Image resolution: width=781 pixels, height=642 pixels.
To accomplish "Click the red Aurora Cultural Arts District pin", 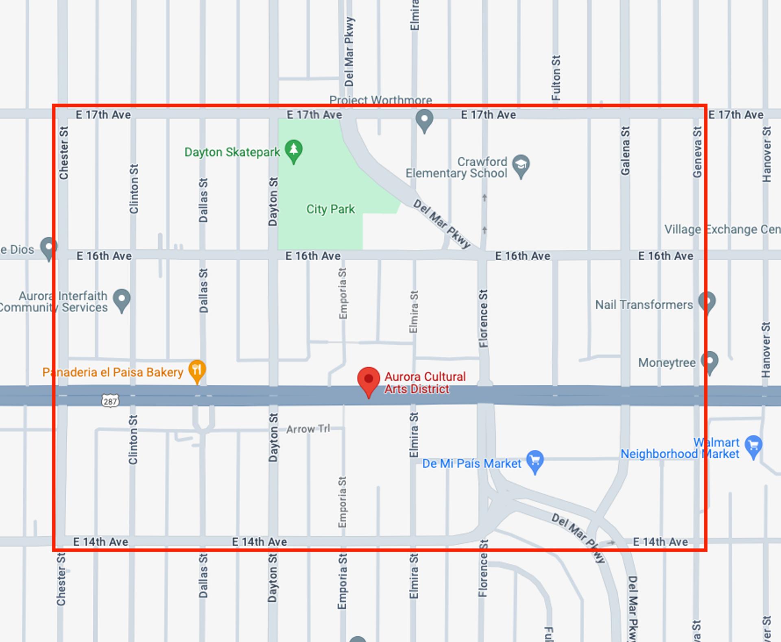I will pos(369,380).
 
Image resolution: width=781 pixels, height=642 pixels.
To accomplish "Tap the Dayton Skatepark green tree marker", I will pos(294,150).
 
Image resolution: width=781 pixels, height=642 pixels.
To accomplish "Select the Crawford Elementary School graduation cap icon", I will pos(521,165).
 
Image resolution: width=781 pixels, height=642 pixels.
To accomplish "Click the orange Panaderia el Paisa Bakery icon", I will pos(197,370).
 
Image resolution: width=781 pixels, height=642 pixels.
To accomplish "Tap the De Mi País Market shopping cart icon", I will pos(535,461).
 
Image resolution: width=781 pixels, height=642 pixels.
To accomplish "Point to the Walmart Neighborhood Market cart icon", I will pos(753,446).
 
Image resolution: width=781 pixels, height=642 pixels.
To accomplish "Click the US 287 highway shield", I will pos(110,401).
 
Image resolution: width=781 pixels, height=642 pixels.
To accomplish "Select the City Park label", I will pos(330,209).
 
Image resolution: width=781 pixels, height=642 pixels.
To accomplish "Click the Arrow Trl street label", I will pos(308,429).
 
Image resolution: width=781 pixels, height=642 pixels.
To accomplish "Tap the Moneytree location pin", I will pos(710,361).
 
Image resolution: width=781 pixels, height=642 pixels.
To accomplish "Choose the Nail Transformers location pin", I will pos(707,302).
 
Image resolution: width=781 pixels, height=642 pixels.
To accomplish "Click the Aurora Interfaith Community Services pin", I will pos(122,299).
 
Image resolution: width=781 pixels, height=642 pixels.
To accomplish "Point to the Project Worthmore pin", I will pos(424,120).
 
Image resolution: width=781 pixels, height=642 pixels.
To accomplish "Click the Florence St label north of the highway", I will pos(483,319).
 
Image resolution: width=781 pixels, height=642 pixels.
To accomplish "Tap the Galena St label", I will pos(625,151).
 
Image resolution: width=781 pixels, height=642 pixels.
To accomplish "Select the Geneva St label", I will pos(697,152).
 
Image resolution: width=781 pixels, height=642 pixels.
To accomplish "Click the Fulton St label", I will pos(556,78).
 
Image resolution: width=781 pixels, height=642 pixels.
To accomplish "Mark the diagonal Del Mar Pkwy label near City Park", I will pos(442,224).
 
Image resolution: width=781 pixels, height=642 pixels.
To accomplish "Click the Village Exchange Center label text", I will pos(722,229).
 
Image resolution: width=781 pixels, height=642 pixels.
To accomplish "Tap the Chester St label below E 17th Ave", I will pos(63,153).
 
